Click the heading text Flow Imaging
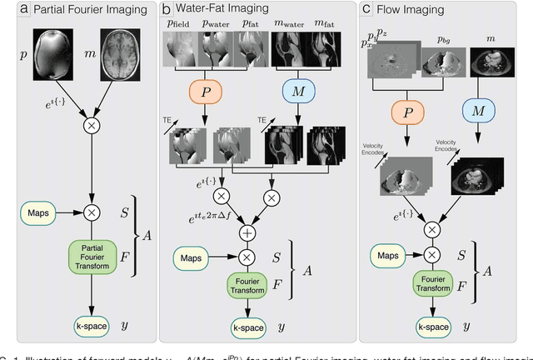click(408, 9)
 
